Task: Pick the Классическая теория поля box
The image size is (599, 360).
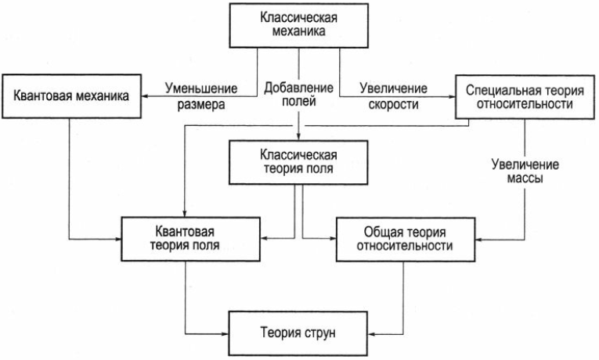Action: [x=298, y=161]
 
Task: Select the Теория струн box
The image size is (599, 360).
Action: [x=299, y=333]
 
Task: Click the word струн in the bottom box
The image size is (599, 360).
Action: [x=321, y=333]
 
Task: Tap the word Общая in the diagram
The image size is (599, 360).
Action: [x=381, y=231]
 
